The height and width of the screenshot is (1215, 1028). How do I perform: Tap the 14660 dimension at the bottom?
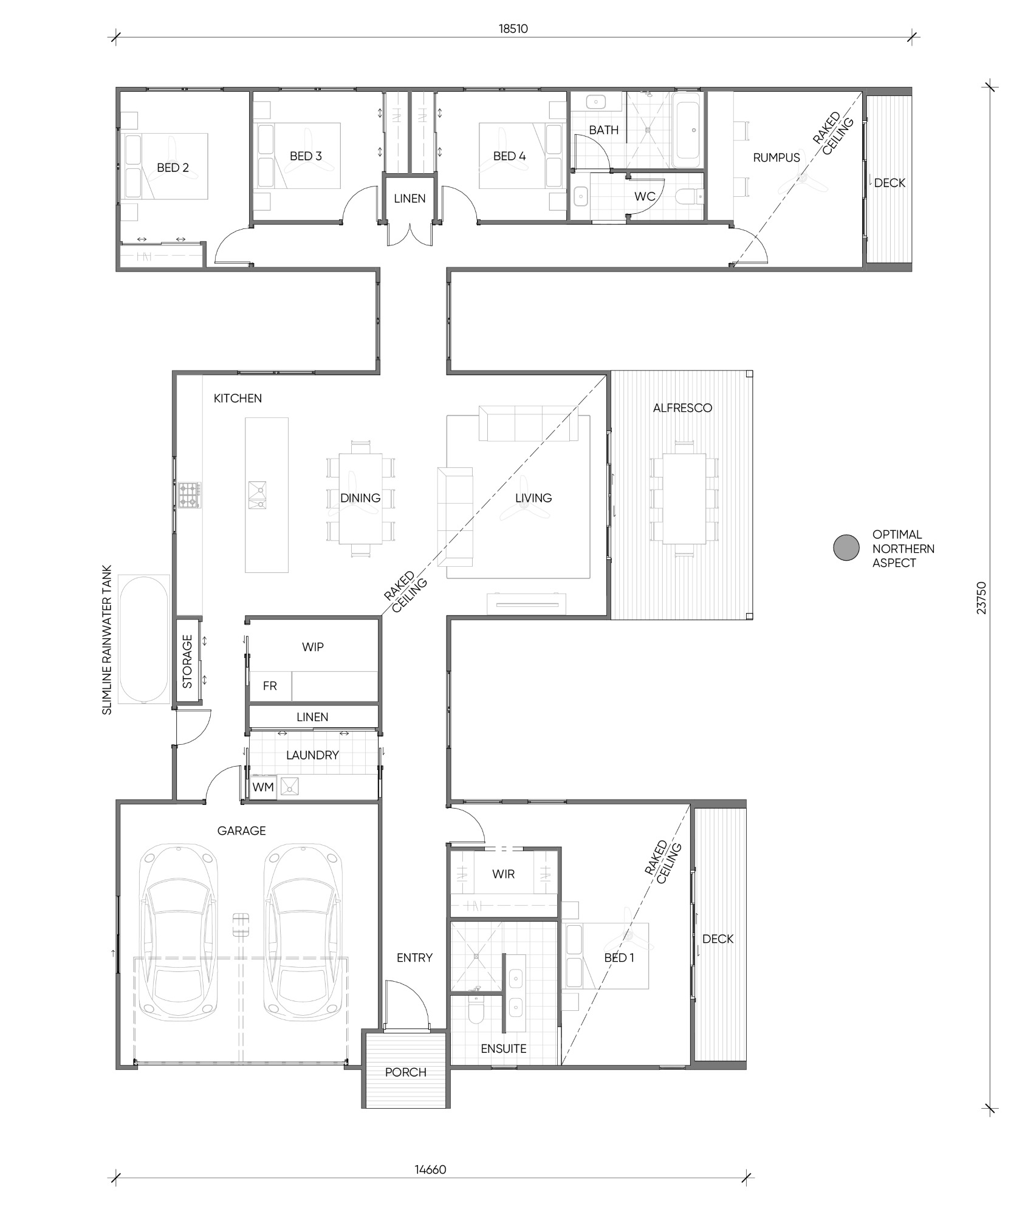(431, 1169)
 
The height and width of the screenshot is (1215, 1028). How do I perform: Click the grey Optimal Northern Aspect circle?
(846, 547)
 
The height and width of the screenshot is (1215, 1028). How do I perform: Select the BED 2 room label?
(173, 168)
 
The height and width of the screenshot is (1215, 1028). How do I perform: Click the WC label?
(645, 196)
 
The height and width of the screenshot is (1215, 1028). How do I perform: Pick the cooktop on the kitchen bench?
(190, 495)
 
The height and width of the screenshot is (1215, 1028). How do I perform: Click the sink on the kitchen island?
(257, 495)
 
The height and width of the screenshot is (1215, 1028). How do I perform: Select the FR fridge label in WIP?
(270, 686)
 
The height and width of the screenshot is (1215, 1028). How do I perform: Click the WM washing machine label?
(263, 787)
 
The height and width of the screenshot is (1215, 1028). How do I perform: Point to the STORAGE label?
(188, 661)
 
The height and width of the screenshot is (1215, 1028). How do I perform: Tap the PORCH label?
(406, 1072)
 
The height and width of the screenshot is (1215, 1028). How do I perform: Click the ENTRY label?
(414, 957)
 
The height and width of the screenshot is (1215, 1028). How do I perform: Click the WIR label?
(504, 874)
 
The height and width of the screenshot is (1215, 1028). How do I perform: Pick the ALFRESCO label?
(682, 408)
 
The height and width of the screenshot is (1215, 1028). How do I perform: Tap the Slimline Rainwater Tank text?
(108, 640)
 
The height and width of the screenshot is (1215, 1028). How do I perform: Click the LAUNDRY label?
(312, 755)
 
